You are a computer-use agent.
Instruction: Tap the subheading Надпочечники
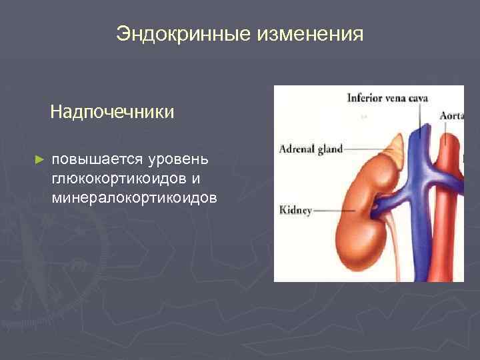click(x=112, y=111)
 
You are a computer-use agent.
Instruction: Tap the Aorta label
click(x=451, y=115)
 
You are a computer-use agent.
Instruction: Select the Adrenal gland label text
click(x=311, y=148)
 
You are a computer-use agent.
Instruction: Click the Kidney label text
click(x=296, y=211)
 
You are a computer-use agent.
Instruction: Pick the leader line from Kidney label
click(x=326, y=211)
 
